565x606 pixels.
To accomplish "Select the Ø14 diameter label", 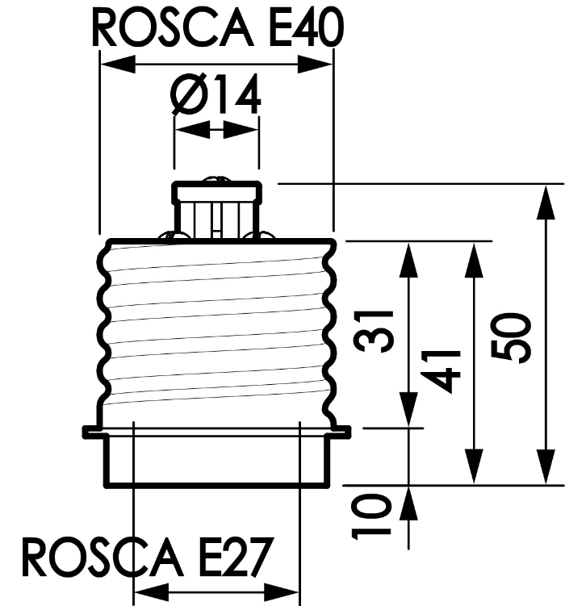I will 216,96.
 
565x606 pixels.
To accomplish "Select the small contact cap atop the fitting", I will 217,194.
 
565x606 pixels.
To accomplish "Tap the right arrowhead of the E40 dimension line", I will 320,64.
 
